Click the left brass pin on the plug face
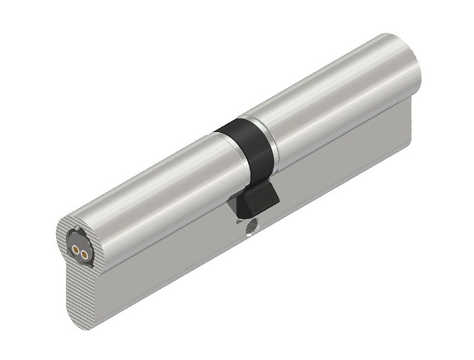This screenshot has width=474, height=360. (76, 249)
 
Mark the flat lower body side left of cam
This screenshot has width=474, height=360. (171, 263)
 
